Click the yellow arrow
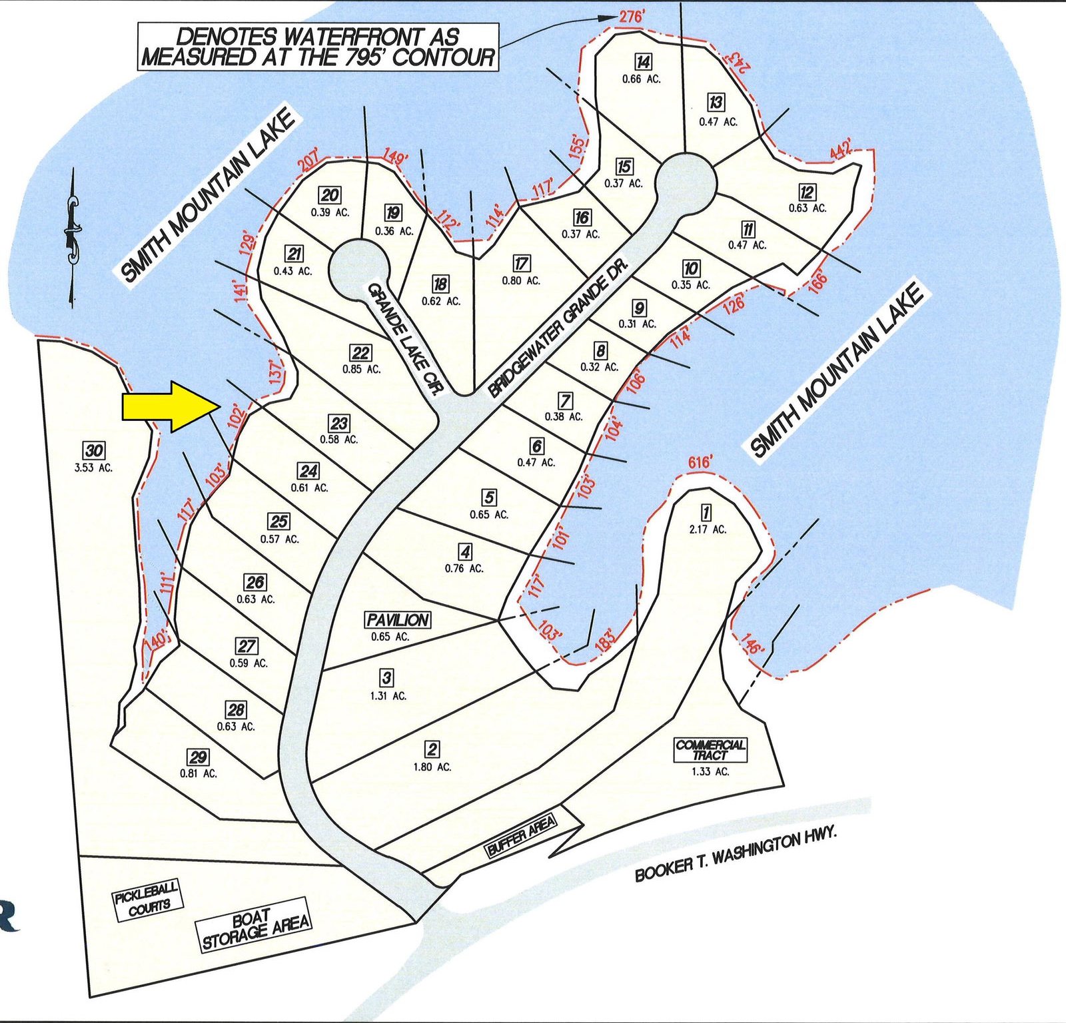pyautogui.click(x=171, y=406)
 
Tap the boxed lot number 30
pyautogui.click(x=93, y=450)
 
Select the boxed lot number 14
pyautogui.click(x=642, y=62)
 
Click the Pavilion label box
pyautogui.click(x=398, y=620)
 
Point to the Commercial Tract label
pyautogui.click(x=710, y=750)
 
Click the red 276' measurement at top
pyautogui.click(x=631, y=17)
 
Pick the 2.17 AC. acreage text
pyautogui.click(x=708, y=529)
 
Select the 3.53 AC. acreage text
pyautogui.click(x=93, y=468)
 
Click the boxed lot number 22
pyautogui.click(x=360, y=353)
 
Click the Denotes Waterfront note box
pyautogui.click(x=318, y=47)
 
